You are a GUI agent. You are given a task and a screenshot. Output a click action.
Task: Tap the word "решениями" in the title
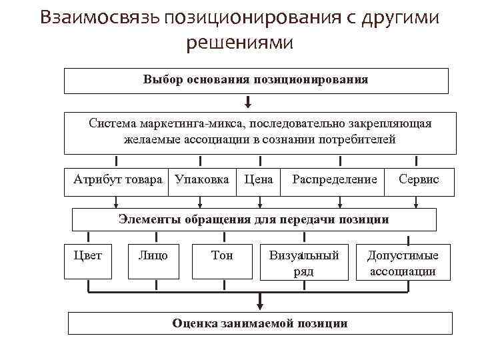coord(239,43)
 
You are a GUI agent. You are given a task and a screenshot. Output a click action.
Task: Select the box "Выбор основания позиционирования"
coord(255,80)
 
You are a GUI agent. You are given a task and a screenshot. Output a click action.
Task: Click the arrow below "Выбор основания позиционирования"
coord(248,102)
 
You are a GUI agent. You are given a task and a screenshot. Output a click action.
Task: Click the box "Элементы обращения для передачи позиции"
coord(253,219)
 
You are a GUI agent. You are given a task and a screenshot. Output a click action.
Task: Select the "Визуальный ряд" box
coord(303,263)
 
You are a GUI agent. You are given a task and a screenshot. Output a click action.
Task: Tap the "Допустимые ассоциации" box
coord(403,263)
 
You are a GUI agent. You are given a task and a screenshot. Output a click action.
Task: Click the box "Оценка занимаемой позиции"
coord(259,323)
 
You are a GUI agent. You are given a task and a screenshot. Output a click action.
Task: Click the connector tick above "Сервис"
coord(416,161)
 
